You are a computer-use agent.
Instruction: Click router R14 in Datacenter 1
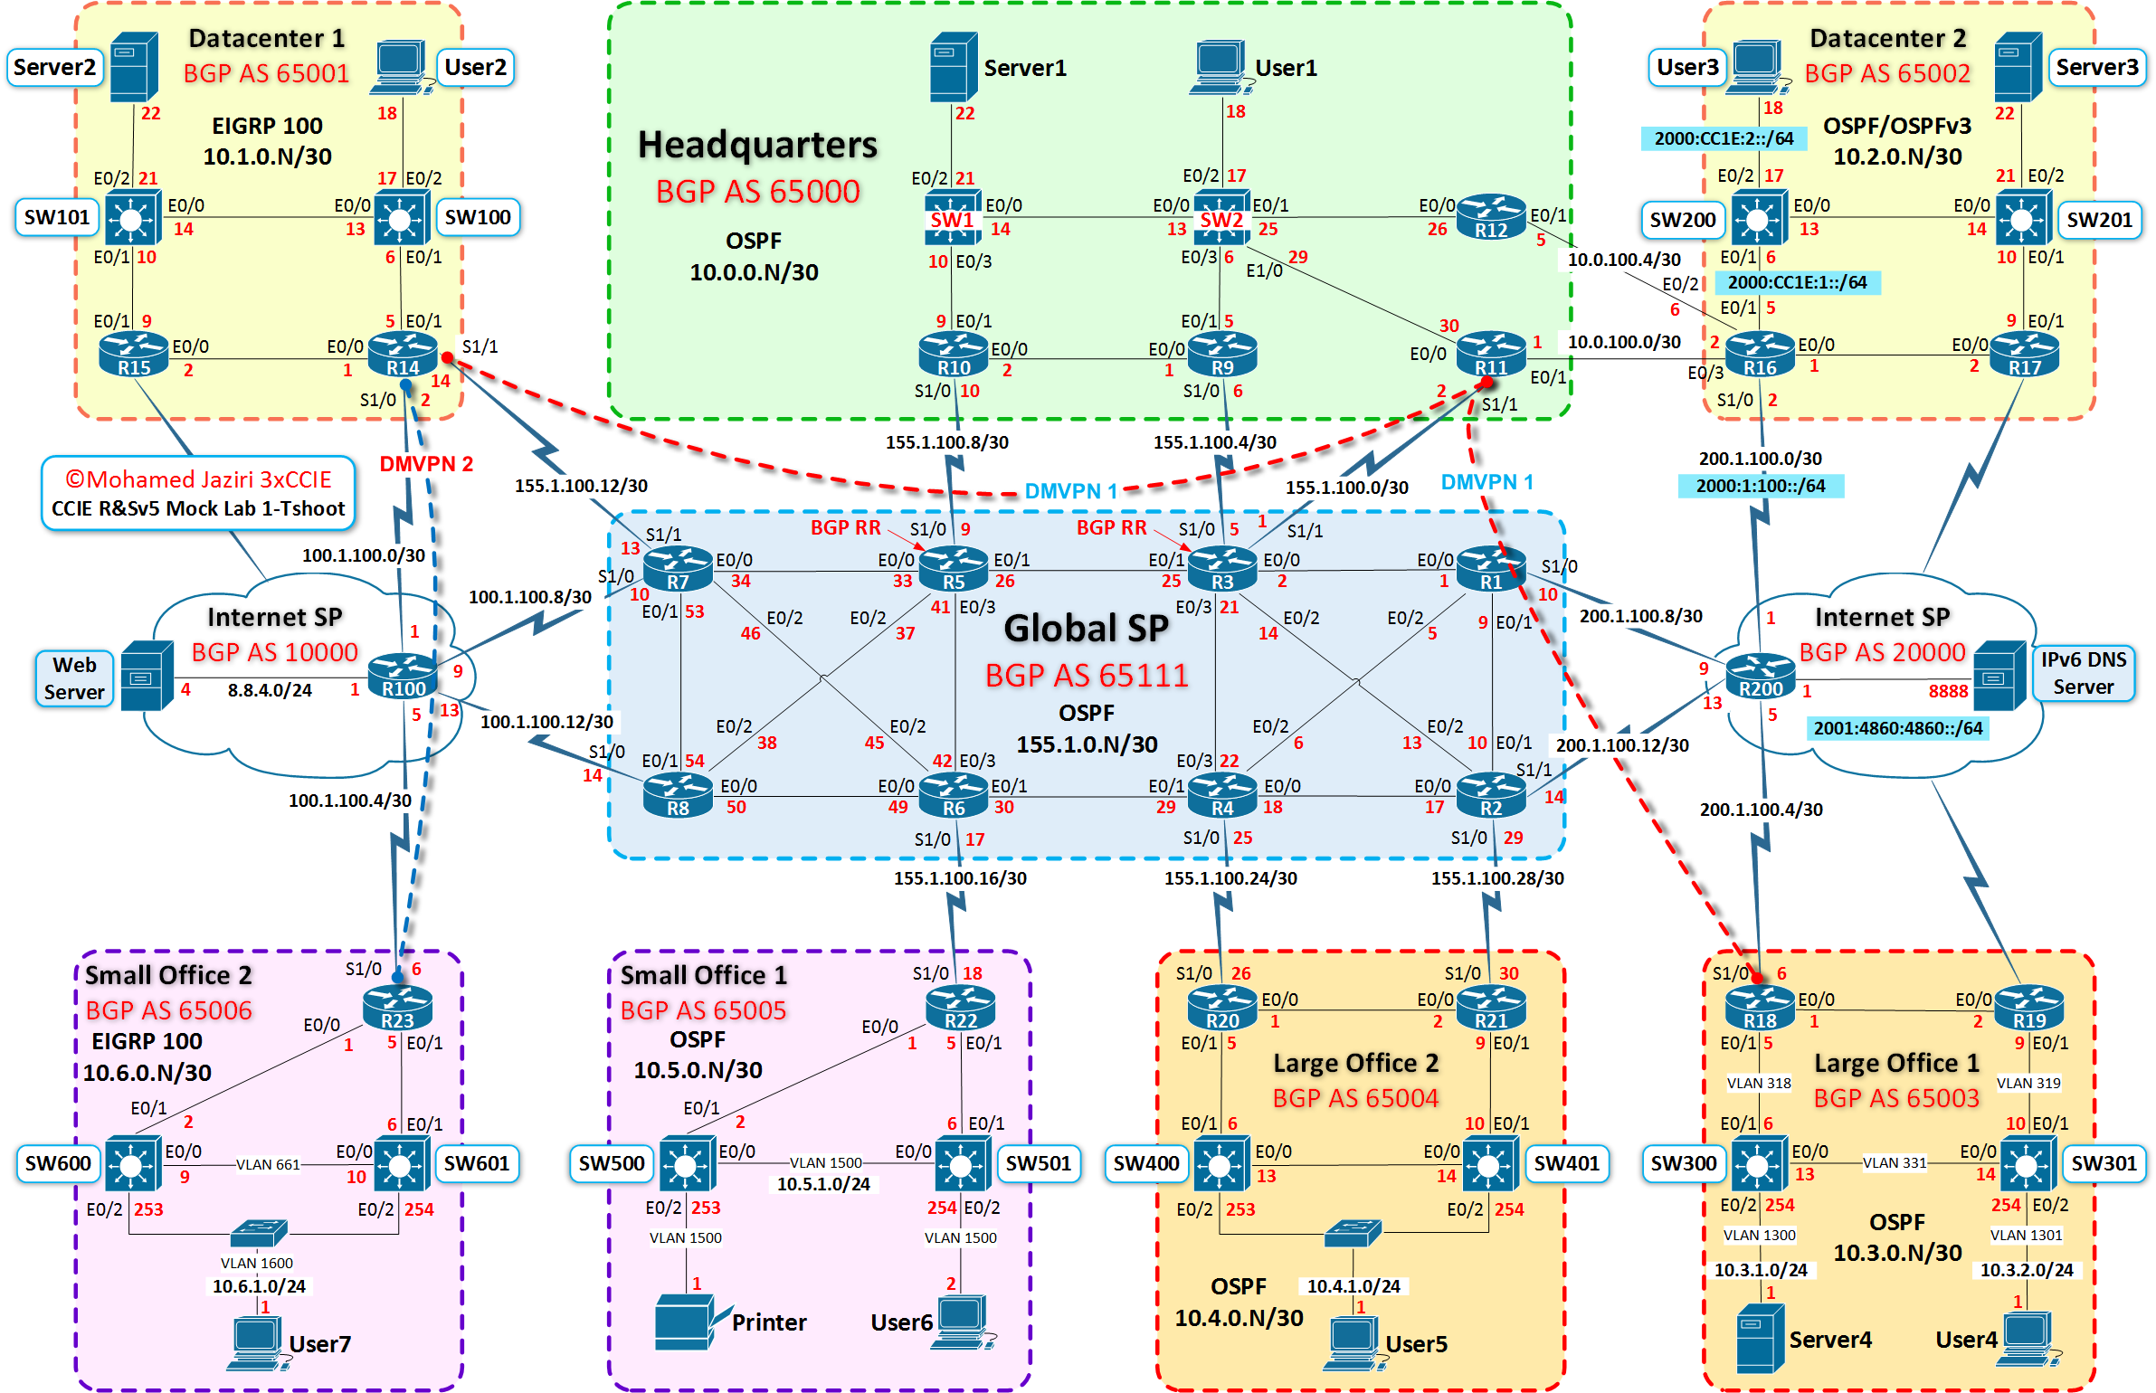tap(403, 354)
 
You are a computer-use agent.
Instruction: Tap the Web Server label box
tap(74, 678)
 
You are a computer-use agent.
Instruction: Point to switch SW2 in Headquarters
tap(1220, 217)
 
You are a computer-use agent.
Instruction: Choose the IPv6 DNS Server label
tap(2083, 673)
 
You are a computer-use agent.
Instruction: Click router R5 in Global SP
tap(953, 569)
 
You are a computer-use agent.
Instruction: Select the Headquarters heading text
tap(757, 145)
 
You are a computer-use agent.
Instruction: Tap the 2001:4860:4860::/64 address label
tap(1897, 728)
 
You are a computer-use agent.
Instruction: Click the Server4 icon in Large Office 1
tap(1760, 1338)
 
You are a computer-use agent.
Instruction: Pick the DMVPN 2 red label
tap(426, 464)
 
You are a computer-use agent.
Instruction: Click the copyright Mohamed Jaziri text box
tap(198, 493)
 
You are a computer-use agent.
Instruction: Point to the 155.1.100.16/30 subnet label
tap(960, 878)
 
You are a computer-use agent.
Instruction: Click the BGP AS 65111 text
tap(1086, 676)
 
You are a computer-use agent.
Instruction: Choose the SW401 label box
tap(1566, 1163)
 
